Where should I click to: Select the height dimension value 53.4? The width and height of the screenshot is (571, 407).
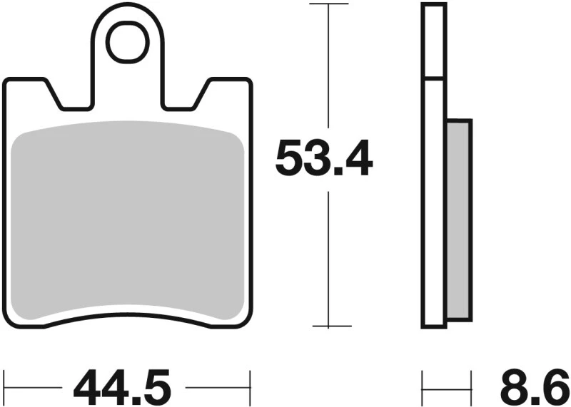[324, 159]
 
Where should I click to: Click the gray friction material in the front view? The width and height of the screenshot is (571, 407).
[128, 221]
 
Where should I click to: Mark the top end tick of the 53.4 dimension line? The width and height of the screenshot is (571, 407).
[328, 4]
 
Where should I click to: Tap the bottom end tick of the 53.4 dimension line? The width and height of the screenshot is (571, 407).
[328, 327]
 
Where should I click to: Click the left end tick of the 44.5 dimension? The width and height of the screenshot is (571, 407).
[5, 380]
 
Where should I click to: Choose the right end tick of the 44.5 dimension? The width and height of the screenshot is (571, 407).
[250, 380]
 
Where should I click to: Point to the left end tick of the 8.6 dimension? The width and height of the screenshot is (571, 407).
[423, 380]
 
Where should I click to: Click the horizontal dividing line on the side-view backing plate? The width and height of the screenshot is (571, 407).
[434, 78]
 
